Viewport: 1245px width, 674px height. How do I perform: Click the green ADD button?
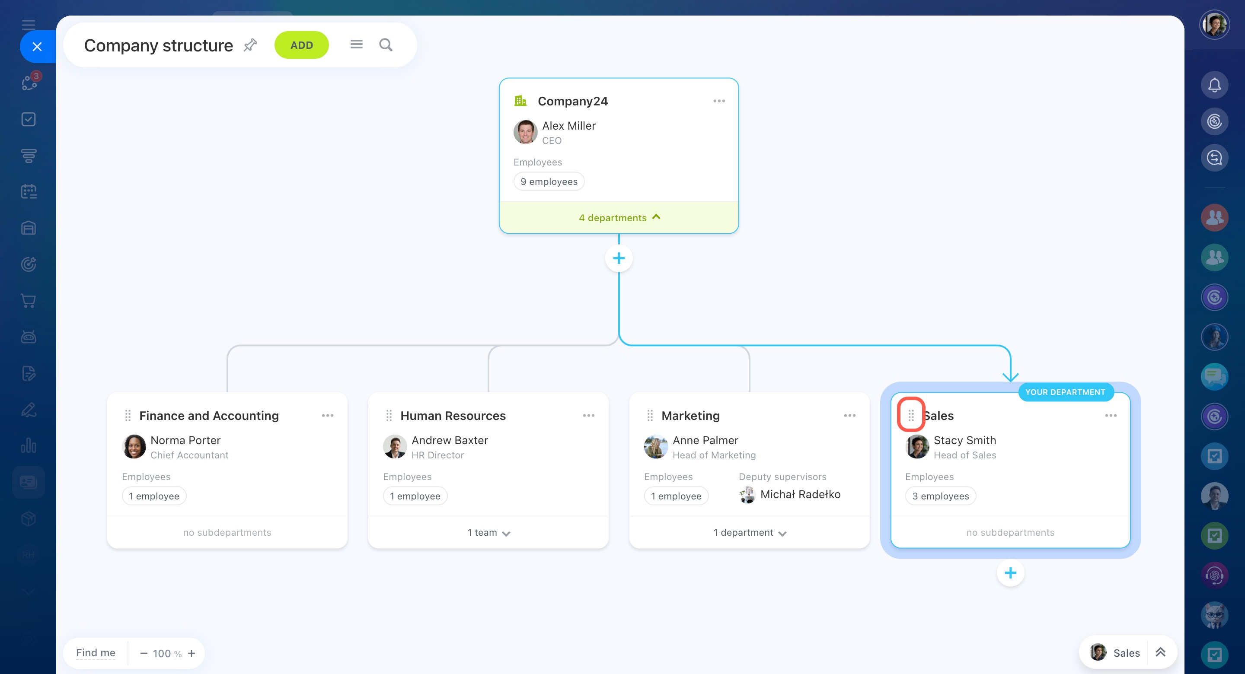pos(302,45)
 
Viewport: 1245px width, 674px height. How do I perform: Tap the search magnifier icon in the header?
pos(386,45)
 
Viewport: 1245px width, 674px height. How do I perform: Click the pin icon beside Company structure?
pos(250,45)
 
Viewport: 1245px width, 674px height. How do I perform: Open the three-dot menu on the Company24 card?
pos(718,101)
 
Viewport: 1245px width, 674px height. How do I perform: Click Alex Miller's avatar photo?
pos(525,132)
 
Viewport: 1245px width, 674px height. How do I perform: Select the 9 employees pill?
pos(549,181)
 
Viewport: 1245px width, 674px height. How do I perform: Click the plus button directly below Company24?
pos(619,258)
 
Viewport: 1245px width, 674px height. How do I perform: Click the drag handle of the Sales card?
pos(911,415)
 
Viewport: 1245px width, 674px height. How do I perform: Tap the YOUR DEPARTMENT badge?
pos(1065,392)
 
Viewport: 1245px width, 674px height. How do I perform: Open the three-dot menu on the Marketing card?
pos(849,416)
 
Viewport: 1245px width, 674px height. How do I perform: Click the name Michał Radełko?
pos(800,494)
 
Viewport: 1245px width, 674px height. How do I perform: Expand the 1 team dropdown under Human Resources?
pos(488,532)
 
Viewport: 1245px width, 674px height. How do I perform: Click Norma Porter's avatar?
pos(134,446)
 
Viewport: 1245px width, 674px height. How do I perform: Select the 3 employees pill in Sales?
pos(940,496)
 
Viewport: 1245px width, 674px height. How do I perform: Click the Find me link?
pos(96,653)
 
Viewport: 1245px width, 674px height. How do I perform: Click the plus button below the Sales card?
pos(1010,573)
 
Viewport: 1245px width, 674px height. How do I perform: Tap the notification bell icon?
pos(1214,86)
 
